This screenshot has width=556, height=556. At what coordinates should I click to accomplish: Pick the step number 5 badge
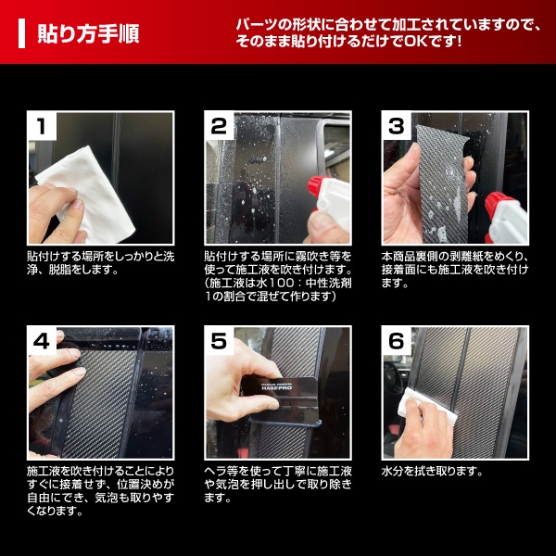[219, 341]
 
